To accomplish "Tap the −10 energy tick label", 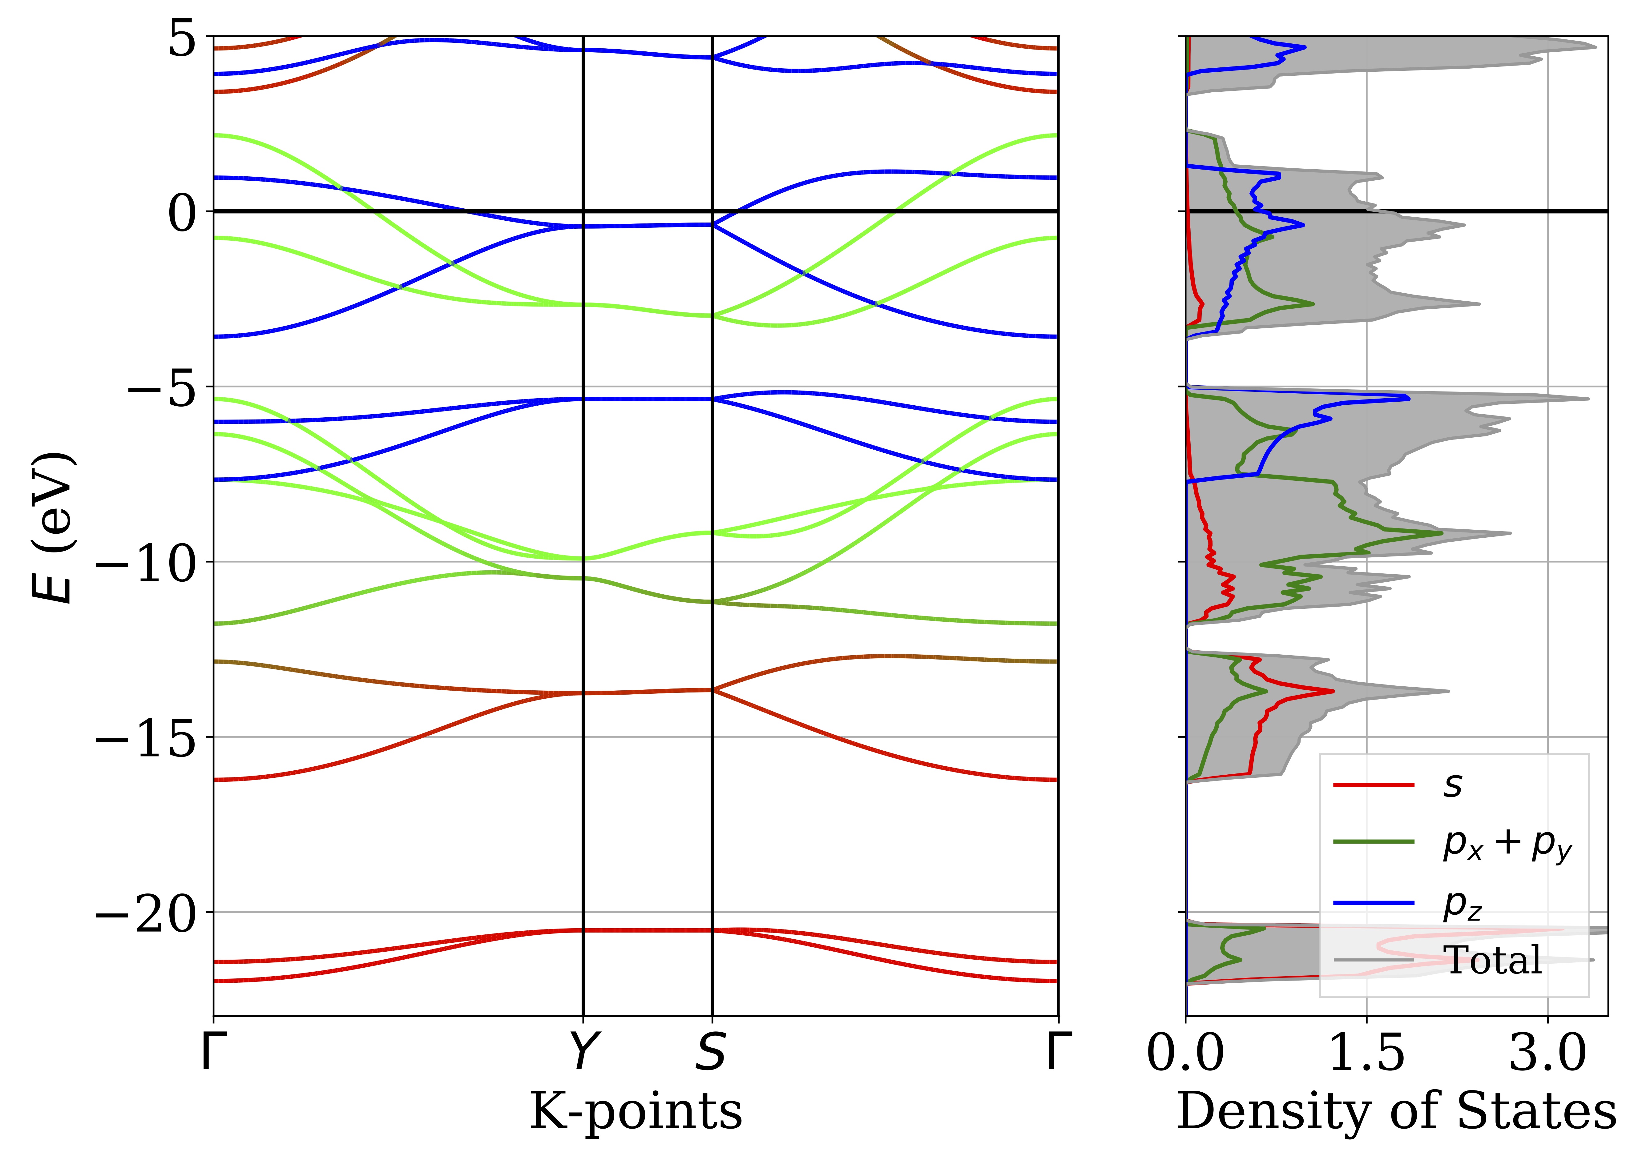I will (146, 564).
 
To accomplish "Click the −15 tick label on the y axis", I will (146, 739).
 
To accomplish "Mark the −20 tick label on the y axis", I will (146, 914).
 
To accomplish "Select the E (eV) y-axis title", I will (53, 527).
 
